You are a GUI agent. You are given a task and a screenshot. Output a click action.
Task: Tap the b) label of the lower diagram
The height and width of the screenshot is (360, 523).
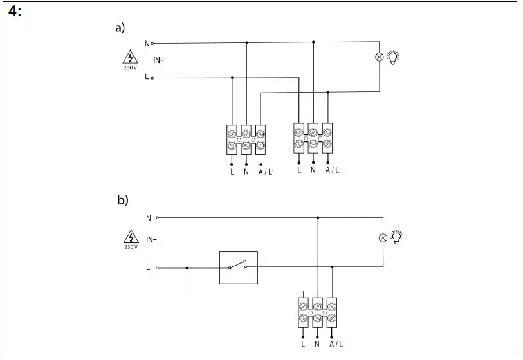pos(123,200)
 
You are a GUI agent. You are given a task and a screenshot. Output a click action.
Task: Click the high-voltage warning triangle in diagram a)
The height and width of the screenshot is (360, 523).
pos(131,56)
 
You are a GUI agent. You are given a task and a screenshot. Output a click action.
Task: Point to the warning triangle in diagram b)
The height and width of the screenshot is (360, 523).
pos(131,235)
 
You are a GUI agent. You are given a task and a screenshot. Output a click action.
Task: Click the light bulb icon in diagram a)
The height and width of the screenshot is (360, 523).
pos(393,57)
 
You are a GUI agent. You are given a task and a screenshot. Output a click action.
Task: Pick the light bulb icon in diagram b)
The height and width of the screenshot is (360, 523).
pos(397,237)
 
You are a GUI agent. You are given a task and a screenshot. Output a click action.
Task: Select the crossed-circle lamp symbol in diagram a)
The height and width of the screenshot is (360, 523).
pos(379,57)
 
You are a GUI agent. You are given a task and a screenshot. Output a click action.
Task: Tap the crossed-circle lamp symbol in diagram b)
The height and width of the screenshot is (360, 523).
pos(383,238)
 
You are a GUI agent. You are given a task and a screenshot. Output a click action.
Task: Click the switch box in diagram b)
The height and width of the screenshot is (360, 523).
pos(238,267)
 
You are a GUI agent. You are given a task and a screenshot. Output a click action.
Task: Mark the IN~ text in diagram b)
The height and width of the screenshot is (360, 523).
pos(152,240)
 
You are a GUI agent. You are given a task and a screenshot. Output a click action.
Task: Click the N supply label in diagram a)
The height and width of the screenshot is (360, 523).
pos(147,44)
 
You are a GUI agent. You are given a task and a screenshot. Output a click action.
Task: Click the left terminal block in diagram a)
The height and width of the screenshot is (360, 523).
pos(246,139)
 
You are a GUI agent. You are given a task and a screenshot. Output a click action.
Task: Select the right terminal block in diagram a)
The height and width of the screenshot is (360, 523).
pos(313,138)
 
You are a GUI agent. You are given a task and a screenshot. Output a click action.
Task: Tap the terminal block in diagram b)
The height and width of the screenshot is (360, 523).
pos(317,312)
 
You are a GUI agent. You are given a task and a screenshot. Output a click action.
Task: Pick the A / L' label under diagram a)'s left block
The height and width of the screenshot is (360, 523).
pos(265,172)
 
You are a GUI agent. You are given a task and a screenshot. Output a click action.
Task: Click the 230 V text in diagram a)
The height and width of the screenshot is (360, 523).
pos(131,67)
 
